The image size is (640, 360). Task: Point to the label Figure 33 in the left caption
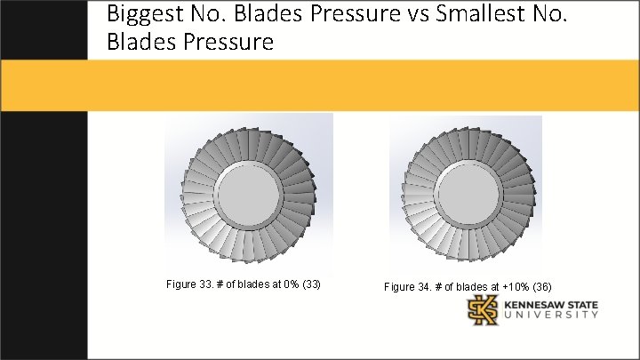coord(188,284)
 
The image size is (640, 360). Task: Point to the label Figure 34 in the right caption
coord(407,287)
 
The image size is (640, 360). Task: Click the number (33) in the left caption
coord(311,284)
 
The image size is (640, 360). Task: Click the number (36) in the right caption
coord(541,287)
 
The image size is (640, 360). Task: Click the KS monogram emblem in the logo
coord(484,311)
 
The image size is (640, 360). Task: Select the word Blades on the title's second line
coord(139,42)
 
